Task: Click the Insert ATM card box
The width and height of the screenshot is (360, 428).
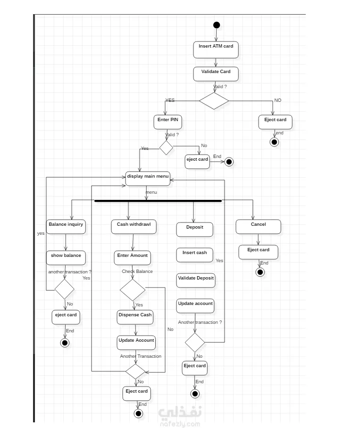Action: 216,49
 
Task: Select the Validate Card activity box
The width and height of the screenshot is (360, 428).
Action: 216,74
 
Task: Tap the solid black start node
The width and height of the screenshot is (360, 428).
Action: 216,25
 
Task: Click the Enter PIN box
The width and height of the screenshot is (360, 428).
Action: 167,122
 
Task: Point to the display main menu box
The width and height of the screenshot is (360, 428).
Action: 148,178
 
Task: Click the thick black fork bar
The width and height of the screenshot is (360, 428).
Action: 158,201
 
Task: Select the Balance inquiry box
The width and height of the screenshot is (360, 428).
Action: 66,227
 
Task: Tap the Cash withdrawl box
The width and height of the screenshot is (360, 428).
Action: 134,227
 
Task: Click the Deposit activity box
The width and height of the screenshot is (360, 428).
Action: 194,229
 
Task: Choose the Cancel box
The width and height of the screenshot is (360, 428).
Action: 258,227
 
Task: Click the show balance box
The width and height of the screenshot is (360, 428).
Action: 66,257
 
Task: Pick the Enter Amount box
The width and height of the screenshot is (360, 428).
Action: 133,257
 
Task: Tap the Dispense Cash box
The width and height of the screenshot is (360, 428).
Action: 135,317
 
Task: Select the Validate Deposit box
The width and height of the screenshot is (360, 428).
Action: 195,280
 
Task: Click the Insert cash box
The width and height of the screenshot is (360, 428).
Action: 194,255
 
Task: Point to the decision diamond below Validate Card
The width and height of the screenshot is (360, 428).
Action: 214,100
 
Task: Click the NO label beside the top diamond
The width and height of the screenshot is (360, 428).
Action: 277,100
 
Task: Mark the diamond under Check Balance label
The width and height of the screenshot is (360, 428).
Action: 132,290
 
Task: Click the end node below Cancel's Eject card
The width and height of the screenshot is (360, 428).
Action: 260,272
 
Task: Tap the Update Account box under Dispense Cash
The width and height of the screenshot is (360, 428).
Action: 136,342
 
